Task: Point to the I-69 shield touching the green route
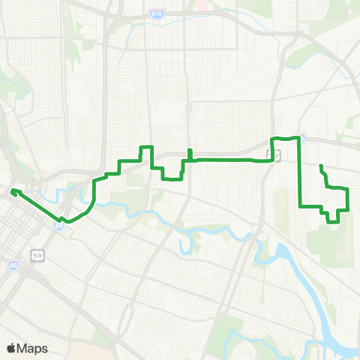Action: click(58, 225)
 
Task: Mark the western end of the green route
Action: click(13, 192)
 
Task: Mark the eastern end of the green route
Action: click(321, 166)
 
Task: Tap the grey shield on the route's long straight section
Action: click(274, 154)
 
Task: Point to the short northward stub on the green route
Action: click(189, 154)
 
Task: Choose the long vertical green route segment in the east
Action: click(300, 172)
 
